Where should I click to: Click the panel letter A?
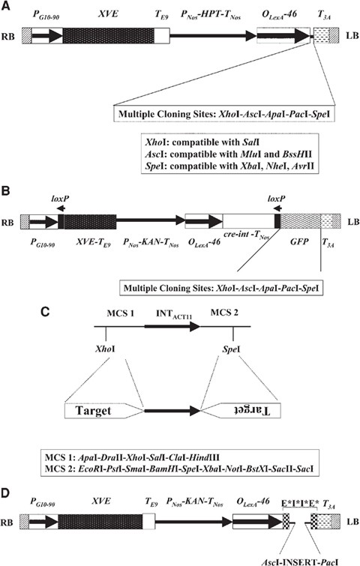[7, 6]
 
